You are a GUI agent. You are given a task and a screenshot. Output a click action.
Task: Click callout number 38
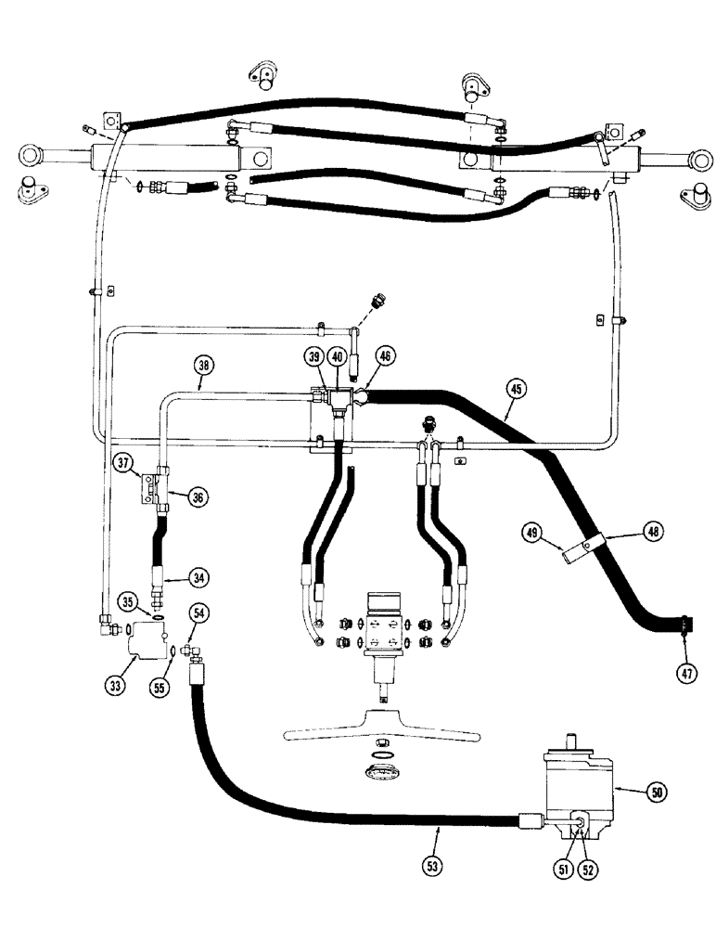(204, 364)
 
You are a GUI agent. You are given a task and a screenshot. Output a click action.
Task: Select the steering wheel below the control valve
(383, 722)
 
